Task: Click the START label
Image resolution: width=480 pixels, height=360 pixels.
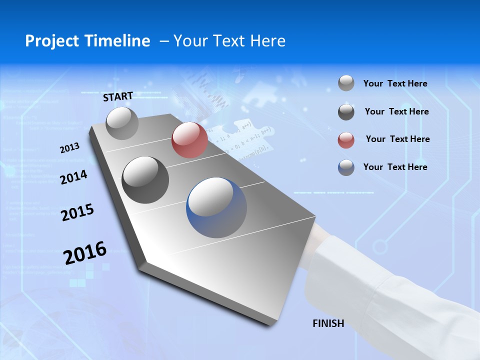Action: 118,96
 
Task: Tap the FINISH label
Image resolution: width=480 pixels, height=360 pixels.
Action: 328,323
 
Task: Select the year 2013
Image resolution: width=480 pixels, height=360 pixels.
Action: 70,148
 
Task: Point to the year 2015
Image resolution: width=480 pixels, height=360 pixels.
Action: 77,212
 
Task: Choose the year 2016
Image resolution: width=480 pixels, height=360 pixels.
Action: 85,253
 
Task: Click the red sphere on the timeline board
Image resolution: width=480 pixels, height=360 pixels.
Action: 189,140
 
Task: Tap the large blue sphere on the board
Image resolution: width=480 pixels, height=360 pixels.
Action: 216,207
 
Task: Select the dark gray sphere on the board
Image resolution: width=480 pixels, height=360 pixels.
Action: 145,180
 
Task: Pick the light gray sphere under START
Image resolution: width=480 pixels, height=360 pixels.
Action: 122,123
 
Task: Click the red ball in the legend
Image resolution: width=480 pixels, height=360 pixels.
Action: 346,140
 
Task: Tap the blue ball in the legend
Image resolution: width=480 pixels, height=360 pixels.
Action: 346,167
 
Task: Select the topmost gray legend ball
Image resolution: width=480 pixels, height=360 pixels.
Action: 346,83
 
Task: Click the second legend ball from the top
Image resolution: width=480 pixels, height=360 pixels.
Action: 346,112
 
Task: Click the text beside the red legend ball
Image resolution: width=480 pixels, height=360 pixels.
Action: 397,139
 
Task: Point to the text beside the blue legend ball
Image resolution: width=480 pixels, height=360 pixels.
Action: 395,167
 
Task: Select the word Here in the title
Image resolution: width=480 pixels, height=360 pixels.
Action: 268,41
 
